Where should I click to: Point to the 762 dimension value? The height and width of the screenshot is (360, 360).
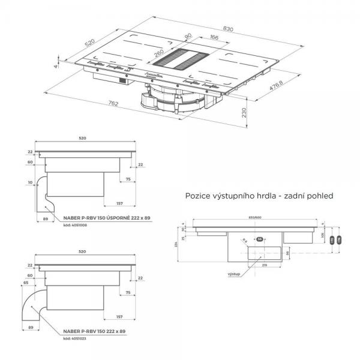114,104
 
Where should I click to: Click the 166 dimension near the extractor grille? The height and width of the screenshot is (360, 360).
197,39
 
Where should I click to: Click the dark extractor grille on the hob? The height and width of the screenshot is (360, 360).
185,59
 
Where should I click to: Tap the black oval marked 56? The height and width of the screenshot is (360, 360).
260,239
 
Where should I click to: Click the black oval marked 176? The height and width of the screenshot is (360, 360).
339,240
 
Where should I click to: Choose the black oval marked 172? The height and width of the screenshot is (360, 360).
331,240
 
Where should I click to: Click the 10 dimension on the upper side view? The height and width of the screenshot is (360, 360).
30,181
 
